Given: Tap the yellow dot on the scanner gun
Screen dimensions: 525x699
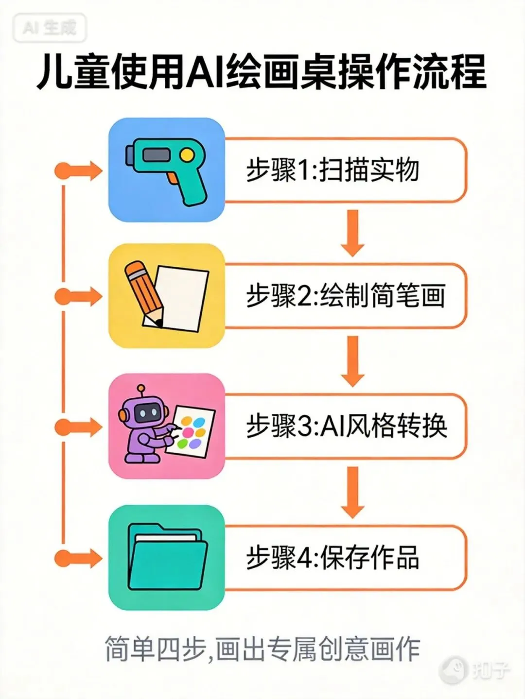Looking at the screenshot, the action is click(187, 155).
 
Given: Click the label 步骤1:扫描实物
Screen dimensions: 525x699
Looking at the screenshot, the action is click(332, 170).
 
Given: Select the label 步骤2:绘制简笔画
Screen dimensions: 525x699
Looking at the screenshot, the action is click(345, 296).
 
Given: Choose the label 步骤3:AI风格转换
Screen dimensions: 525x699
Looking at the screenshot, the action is click(346, 426).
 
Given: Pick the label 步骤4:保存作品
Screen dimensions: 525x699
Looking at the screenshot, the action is click(332, 557).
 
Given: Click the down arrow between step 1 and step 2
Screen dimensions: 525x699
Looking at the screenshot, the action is click(353, 233).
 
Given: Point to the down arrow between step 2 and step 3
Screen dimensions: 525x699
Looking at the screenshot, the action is click(353, 361).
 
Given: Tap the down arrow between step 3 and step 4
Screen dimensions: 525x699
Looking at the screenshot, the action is click(353, 492).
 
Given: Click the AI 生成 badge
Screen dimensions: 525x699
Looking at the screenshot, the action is click(50, 28).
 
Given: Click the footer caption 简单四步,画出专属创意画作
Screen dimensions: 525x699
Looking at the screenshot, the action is click(262, 649).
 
